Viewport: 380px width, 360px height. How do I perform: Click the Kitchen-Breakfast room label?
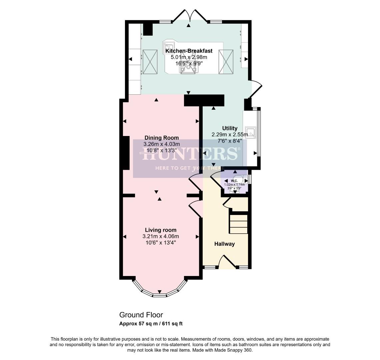[x=189, y=51]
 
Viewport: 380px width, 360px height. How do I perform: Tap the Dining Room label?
[x=161, y=138]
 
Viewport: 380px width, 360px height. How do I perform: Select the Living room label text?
[x=160, y=230]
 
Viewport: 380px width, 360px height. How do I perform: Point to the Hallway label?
[x=224, y=244]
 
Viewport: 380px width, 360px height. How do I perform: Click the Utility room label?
[x=230, y=128]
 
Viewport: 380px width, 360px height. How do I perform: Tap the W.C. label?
[x=234, y=181]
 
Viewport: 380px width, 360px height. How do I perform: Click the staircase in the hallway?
[x=238, y=224]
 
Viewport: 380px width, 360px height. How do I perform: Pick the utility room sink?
[x=250, y=132]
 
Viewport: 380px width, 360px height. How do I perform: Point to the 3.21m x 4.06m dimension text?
[x=160, y=236]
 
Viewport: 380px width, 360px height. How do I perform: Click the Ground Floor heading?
[x=141, y=315]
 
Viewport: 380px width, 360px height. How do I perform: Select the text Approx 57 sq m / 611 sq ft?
[x=151, y=324]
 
